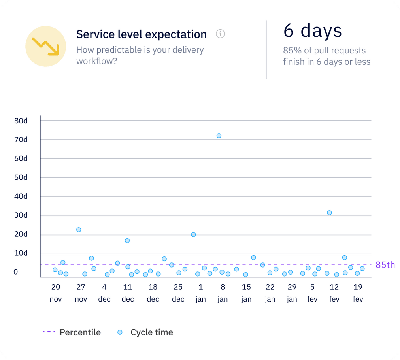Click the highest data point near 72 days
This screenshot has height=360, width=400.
coord(219,136)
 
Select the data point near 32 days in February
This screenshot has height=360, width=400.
coord(329,213)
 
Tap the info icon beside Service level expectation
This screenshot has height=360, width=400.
coord(220,34)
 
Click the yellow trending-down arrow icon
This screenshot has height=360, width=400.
coord(45,46)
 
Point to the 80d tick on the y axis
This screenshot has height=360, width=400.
coord(21,121)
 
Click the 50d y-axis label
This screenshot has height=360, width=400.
coord(21,177)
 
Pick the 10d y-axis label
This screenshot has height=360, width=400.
coord(21,253)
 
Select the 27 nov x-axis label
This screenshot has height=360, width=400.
coord(81,293)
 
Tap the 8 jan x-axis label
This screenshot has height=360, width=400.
coord(223,293)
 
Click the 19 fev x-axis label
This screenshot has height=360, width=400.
coord(358,293)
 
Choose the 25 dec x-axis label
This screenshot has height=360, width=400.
coord(178,293)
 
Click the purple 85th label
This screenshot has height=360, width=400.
coord(385,265)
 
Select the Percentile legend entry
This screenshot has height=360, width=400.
coord(72,332)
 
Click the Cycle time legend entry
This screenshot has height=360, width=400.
coord(145,332)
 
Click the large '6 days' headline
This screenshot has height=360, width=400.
coord(312,31)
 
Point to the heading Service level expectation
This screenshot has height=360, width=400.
coord(141,34)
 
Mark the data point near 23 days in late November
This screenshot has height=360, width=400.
coord(79,230)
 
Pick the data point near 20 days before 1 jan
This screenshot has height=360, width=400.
coord(193,234)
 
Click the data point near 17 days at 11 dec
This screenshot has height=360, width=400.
coord(127,241)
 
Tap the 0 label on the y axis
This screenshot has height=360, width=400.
coord(16,272)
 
